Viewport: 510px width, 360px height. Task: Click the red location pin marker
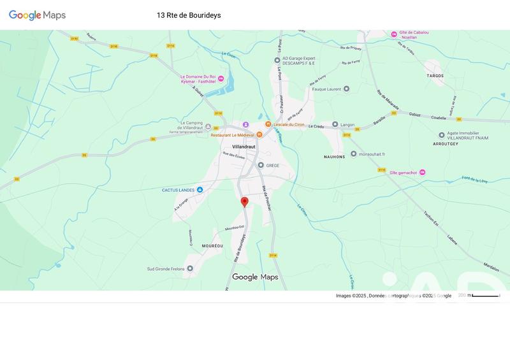pyautogui.click(x=244, y=202)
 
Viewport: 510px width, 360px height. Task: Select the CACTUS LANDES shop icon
pyautogui.click(x=200, y=190)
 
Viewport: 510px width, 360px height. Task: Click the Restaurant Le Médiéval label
pyautogui.click(x=232, y=135)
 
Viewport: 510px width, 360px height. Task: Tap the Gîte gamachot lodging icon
pyautogui.click(x=422, y=173)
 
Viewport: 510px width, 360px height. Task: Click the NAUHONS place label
pyautogui.click(x=334, y=157)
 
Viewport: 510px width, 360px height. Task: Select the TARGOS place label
pyautogui.click(x=435, y=75)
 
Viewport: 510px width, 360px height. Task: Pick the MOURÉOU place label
pyautogui.click(x=212, y=245)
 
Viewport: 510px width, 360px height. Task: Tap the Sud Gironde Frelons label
pyautogui.click(x=166, y=269)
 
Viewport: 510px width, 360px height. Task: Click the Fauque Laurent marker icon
pyautogui.click(x=346, y=89)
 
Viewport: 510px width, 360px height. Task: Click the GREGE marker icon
pyautogui.click(x=260, y=165)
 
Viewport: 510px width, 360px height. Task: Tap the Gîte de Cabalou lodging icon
pyautogui.click(x=393, y=34)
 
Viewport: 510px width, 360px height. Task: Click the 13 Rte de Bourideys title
pyautogui.click(x=189, y=15)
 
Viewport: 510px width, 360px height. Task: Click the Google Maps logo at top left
pyautogui.click(x=37, y=15)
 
